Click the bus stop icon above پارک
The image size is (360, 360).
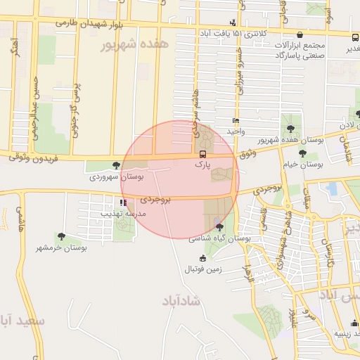pos(202,154)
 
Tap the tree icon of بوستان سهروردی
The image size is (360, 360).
pos(116,165)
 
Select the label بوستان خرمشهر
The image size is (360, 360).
pos(61,248)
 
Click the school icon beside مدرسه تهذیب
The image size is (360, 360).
pos(124,202)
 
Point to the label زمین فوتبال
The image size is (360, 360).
pos(203,269)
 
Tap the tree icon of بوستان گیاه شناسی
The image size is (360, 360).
pos(220,226)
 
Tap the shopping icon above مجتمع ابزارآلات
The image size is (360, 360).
pos(300,34)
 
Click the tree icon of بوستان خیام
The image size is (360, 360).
pos(302,153)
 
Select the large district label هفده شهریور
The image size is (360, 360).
pos(136,44)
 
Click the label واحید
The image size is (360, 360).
pos(235,131)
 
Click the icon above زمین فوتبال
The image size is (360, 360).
pos(202,258)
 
